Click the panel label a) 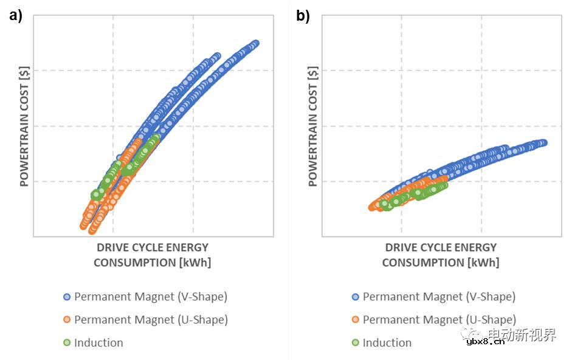[15, 16]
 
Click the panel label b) [303, 16]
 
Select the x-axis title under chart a [152, 255]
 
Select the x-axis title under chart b [440, 255]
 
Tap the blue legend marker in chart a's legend [67, 297]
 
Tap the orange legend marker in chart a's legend [67, 320]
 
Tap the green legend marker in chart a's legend [67, 343]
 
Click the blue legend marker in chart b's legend [356, 297]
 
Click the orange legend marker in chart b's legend [356, 320]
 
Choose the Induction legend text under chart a [98, 343]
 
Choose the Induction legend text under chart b [387, 343]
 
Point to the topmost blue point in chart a [255, 43]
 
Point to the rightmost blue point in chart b [543, 142]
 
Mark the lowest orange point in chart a [92, 230]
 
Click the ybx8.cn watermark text [485, 342]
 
